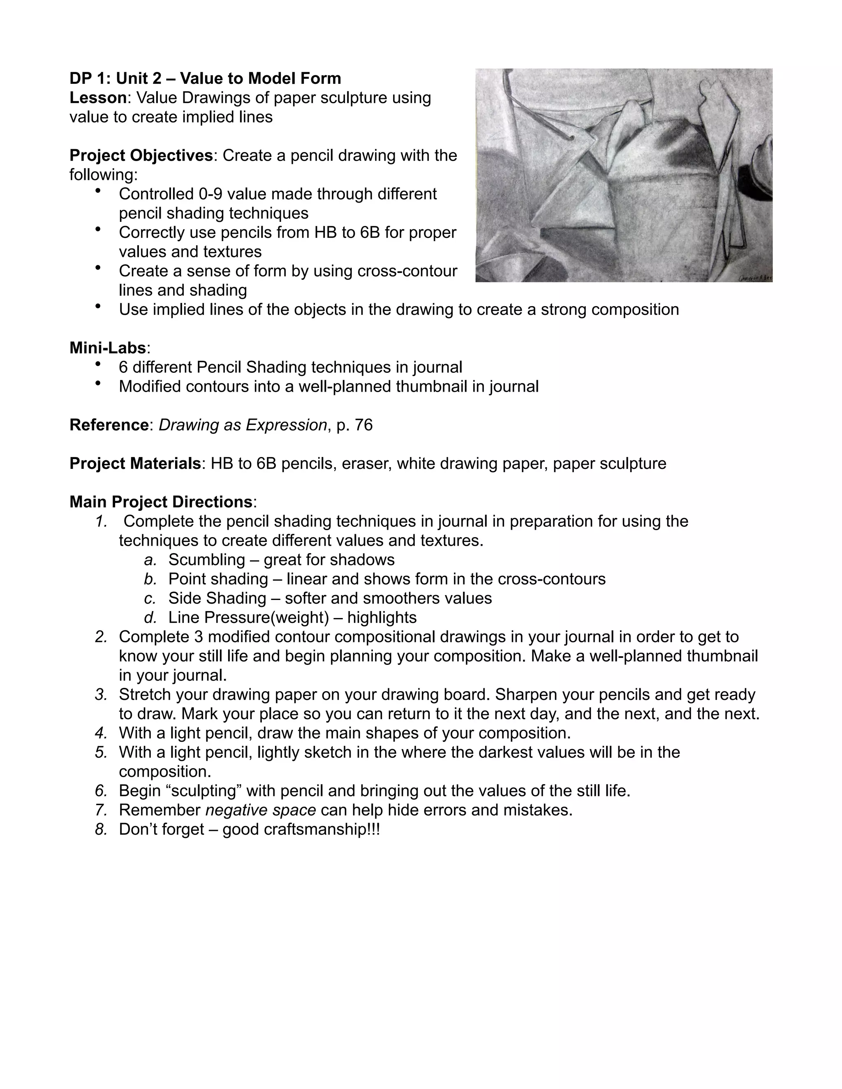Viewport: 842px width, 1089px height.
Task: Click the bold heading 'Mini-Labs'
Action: point(107,348)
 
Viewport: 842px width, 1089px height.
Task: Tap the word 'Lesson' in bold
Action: point(98,98)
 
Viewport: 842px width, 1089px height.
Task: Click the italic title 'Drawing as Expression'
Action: point(243,425)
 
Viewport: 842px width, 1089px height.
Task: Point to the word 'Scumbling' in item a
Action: point(206,559)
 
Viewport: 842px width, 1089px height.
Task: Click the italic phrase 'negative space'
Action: point(260,810)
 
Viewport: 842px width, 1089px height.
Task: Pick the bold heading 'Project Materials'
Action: point(135,463)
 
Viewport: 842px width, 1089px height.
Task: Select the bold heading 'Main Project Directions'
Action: point(161,502)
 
